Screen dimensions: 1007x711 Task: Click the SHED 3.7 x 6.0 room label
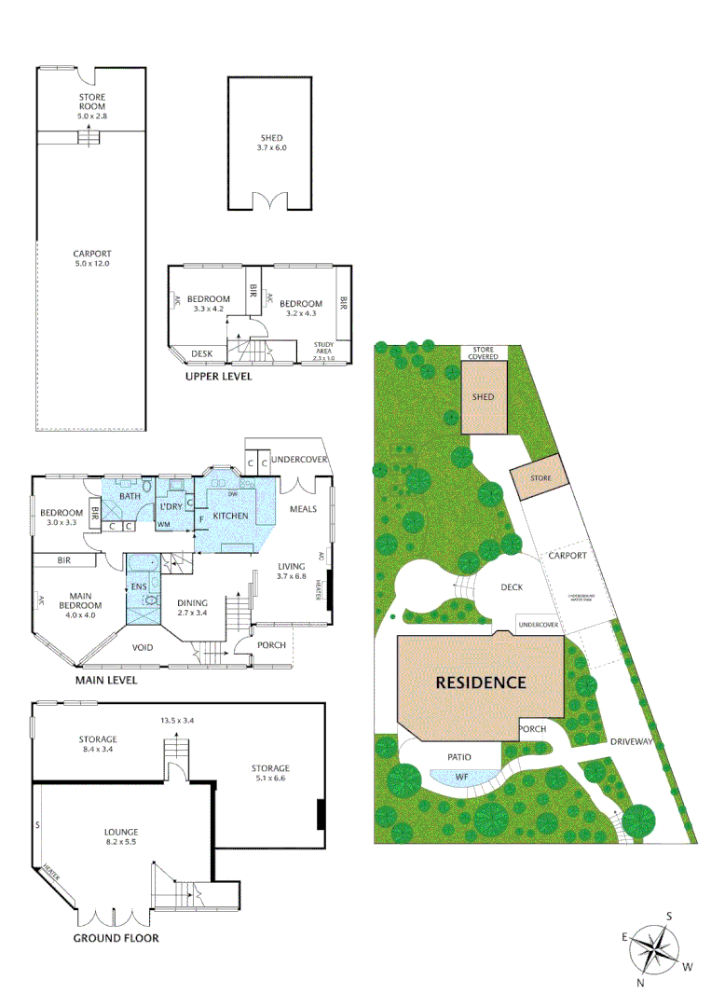pos(270,143)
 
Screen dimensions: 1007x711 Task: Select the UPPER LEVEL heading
pos(217,377)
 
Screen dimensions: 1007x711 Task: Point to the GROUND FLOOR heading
pos(116,938)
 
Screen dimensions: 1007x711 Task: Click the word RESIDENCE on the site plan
pos(481,682)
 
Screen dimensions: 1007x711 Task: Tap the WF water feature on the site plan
pos(461,776)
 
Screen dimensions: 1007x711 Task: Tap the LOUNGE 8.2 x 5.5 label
pos(121,837)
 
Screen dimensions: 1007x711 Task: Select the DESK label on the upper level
pos(200,353)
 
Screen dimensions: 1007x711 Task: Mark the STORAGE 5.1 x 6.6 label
pos(270,774)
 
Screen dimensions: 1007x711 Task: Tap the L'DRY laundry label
pos(171,506)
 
